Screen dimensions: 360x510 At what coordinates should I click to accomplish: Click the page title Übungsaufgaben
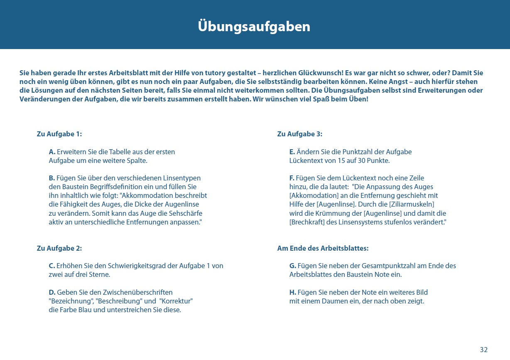254,27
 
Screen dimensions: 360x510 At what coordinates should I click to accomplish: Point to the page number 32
483,350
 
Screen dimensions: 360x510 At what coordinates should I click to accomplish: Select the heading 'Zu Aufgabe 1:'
59,134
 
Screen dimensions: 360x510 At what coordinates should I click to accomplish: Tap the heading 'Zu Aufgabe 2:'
59,248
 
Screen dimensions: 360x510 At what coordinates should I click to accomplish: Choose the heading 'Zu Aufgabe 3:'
300,134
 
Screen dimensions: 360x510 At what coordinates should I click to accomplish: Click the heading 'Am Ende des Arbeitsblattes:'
323,248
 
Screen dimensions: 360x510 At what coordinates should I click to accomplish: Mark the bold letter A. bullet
52,152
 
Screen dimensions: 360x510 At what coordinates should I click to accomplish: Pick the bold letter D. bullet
52,292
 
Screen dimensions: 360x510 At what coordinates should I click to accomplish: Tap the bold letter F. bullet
292,178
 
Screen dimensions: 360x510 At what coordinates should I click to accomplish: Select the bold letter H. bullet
293,292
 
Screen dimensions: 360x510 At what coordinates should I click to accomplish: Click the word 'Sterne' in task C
98,274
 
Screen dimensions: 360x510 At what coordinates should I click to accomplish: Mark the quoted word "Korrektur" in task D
176,301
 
